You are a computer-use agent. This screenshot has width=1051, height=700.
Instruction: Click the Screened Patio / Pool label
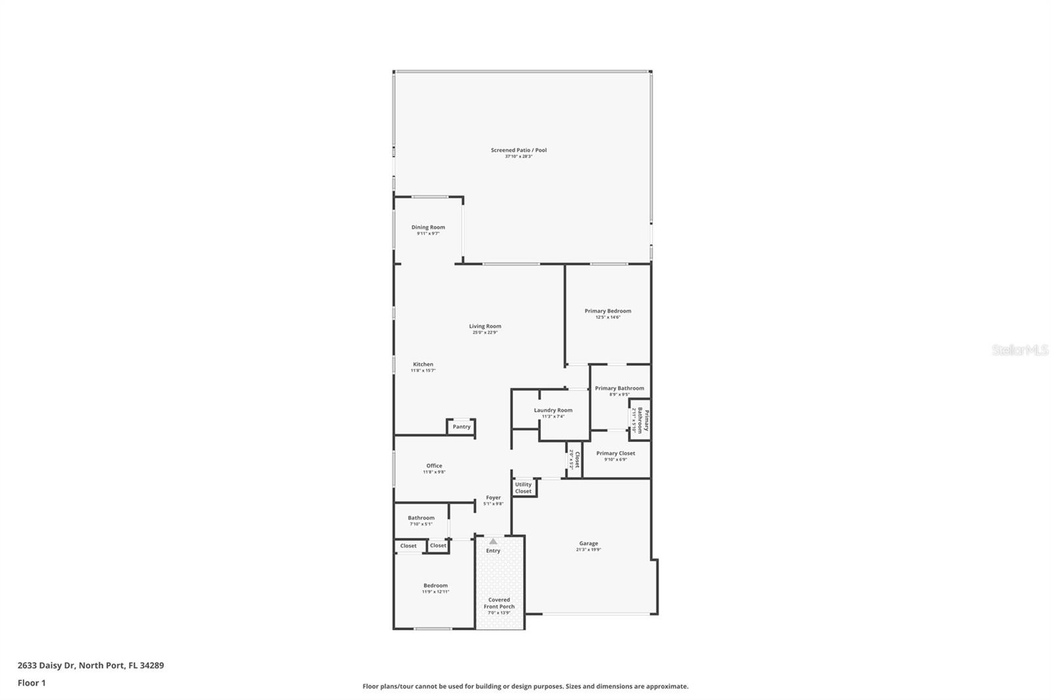[x=518, y=150]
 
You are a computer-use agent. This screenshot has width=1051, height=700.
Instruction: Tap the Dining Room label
[x=428, y=227]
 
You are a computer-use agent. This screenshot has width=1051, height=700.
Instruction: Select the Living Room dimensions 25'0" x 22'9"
[x=485, y=332]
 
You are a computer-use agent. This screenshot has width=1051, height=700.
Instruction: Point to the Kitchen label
[x=423, y=364]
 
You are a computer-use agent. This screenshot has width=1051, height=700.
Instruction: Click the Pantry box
[x=461, y=427]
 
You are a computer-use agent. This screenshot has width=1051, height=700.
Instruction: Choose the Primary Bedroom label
[x=608, y=311]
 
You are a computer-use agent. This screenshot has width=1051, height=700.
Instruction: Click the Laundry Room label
[x=552, y=410]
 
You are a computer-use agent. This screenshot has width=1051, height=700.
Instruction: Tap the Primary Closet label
[x=615, y=453]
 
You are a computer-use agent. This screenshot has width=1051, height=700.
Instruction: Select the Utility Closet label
[x=524, y=488]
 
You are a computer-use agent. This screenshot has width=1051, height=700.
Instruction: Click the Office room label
[x=434, y=466]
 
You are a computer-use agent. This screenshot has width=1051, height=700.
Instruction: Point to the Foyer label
[x=493, y=498]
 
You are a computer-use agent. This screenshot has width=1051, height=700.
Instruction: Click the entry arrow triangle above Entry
[x=493, y=541]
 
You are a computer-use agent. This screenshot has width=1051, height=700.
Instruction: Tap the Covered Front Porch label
[x=499, y=603]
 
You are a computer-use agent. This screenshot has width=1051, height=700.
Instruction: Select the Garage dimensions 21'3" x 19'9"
[x=589, y=550]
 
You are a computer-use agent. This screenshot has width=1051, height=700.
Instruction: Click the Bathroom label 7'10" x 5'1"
[x=421, y=518]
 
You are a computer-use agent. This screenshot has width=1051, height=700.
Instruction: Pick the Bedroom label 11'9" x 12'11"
[x=436, y=586]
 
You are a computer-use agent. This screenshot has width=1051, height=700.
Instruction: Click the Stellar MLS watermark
[x=1019, y=351]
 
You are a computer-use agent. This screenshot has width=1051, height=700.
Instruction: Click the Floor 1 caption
[x=32, y=683]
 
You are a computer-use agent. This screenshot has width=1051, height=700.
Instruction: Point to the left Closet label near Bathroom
[x=409, y=546]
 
